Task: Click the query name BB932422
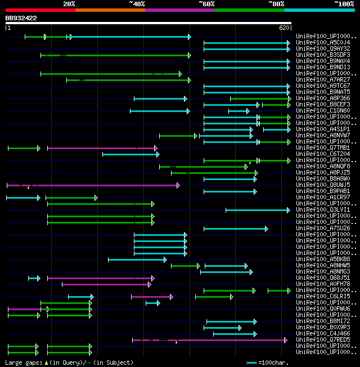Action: tap(21, 18)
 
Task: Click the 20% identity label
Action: tap(69, 4)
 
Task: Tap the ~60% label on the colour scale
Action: tap(206, 4)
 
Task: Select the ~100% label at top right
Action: tap(344, 4)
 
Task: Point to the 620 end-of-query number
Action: tap(284, 28)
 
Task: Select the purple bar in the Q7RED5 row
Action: tap(208, 339)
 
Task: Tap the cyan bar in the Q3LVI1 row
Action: tap(256, 210)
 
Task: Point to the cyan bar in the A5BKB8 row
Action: tap(137, 259)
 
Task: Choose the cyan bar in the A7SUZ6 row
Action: tap(235, 229)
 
